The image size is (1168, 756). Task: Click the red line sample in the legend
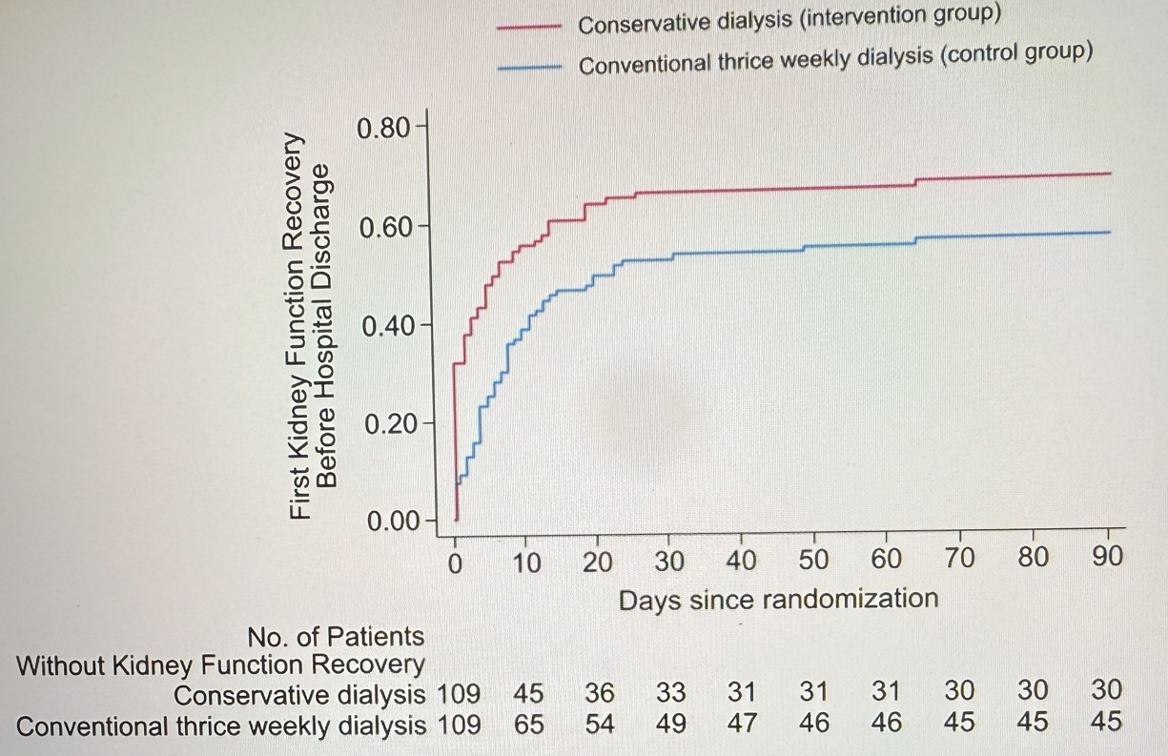tap(531, 28)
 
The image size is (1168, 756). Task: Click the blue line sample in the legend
tap(531, 67)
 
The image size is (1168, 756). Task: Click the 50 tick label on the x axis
tap(813, 562)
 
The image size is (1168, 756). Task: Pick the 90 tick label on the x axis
tap(1108, 562)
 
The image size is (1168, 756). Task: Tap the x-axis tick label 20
tap(598, 562)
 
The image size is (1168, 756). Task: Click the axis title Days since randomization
tap(778, 600)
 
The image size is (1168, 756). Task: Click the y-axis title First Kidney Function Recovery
tap(303, 326)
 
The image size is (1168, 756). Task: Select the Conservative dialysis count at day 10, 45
tap(528, 690)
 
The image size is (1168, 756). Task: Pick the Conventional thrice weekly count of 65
tap(528, 725)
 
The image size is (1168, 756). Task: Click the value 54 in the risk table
tap(601, 725)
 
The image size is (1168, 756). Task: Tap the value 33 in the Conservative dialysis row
tap(671, 690)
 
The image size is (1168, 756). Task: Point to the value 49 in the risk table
tap(671, 725)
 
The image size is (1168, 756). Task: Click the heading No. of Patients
tap(336, 636)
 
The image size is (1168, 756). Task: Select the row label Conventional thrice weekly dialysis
tap(221, 725)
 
